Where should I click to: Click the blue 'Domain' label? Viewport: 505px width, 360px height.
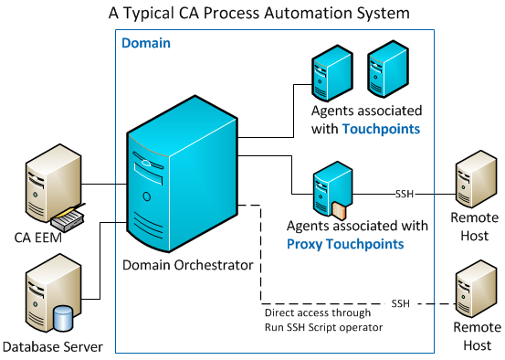[x=146, y=43]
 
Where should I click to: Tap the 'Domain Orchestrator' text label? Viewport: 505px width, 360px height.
[x=188, y=265]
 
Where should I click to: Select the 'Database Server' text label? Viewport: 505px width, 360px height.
[x=52, y=346]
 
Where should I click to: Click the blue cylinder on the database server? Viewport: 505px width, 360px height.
[x=63, y=319]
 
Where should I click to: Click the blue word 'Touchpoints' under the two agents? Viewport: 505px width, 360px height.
[x=381, y=130]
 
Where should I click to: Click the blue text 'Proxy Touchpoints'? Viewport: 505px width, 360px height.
[x=344, y=243]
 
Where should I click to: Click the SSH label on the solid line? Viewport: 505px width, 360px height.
[x=405, y=194]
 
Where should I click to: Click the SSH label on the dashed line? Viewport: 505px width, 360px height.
[x=400, y=302]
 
